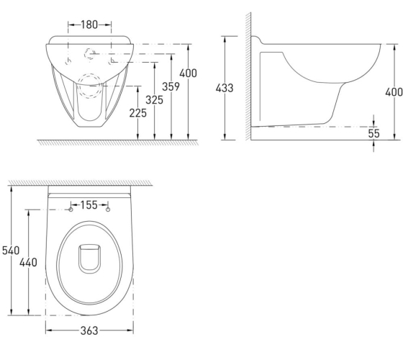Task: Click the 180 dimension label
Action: point(89,24)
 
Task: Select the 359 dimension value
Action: point(171,86)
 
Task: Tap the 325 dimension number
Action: point(154,100)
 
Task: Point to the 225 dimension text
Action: point(137,113)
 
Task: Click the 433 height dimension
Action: point(225,88)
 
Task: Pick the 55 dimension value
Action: point(373,133)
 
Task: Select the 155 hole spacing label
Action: point(89,205)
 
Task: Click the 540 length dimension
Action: point(11,251)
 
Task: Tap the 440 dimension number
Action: point(28,263)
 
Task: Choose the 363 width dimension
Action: point(89,330)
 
